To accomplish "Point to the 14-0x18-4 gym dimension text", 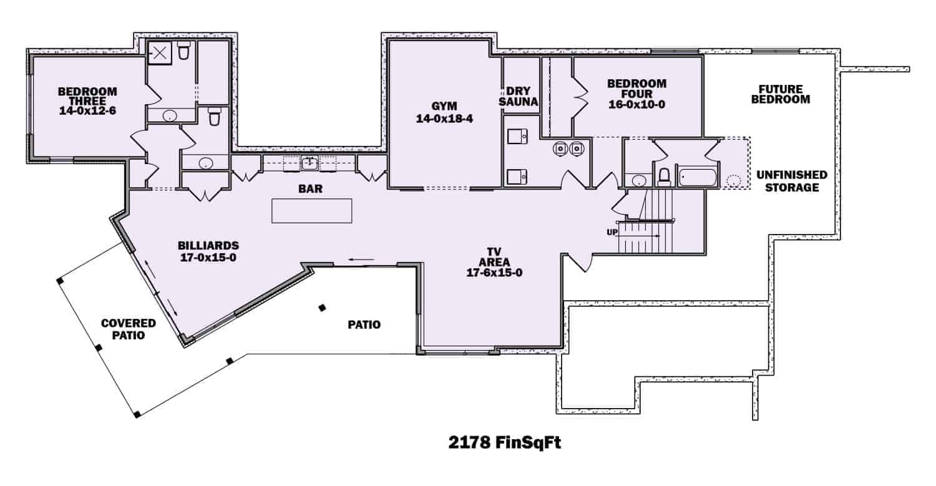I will point(445,119).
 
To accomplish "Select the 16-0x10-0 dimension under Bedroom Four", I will point(636,105).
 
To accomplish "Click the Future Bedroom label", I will point(781,94).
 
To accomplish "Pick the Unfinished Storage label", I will point(789,181).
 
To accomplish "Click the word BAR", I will point(310,189).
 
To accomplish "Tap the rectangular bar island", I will point(311,210).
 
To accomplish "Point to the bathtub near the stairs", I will point(698,177).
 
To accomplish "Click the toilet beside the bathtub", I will point(664,177).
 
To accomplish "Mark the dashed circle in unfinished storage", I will point(734,182).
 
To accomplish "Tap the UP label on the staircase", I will point(612,232).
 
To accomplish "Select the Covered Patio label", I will point(129,329).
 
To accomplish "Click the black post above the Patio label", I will point(322,308).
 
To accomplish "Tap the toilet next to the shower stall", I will point(183,52).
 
